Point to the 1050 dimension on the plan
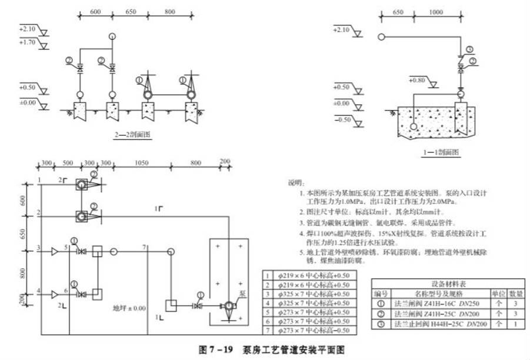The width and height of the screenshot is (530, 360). [141, 163]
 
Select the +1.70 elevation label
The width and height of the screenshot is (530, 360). [28, 42]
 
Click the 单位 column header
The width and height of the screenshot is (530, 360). [498, 292]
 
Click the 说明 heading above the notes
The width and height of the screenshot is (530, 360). [295, 182]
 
